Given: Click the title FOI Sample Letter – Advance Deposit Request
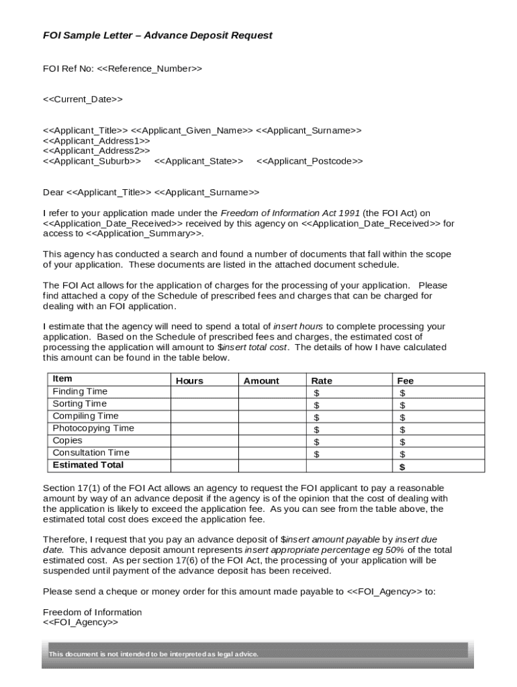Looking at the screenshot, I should pos(158,36).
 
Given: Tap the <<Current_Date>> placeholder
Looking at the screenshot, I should pos(83,99).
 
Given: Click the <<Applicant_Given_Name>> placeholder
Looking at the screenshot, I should pos(191,130).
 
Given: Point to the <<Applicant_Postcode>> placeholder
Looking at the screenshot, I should pos(310,161).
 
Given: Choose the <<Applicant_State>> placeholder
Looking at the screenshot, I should pos(199,161).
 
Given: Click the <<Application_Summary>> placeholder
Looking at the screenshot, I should pos(144,233).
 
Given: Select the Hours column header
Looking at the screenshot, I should pos(189,380).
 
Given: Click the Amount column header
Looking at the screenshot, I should pos(261,380).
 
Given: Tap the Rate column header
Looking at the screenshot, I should pos(322,380).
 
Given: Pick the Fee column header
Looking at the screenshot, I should pos(406,380).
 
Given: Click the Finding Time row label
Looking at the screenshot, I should pos(80,391).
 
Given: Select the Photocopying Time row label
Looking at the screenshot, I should pos(93,428).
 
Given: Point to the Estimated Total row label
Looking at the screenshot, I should pos(88,465).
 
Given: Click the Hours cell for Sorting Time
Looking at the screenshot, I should pos(204,404).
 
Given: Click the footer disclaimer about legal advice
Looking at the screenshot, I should pos(153,654).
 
